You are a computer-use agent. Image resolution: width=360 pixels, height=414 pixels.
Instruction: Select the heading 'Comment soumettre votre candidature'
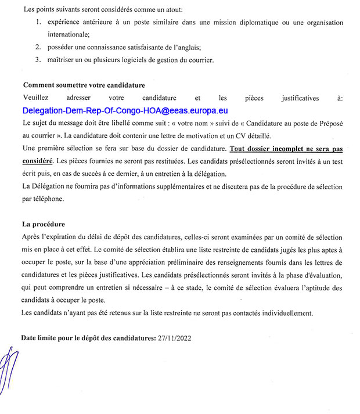(x=84, y=85)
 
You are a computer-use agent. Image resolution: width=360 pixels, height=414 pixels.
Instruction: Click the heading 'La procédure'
(x=44, y=224)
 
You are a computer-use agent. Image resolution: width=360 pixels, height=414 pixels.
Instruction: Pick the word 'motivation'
(x=197, y=134)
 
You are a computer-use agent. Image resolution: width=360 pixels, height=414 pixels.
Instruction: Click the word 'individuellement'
(x=285, y=313)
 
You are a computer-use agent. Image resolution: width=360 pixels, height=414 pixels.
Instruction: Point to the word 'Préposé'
(x=330, y=122)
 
